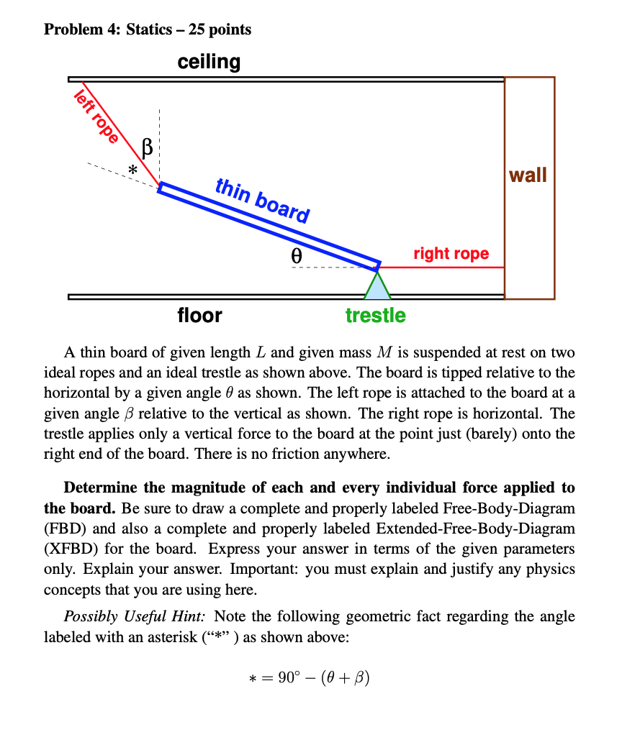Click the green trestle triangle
[x=377, y=286]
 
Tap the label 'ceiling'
[x=209, y=62]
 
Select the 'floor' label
[x=199, y=315]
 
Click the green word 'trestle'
[x=375, y=315]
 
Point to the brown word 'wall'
[x=528, y=175]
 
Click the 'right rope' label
[x=451, y=253]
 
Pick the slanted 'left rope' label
[x=96, y=118]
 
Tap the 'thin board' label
[x=263, y=201]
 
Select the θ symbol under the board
[x=295, y=255]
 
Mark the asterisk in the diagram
[x=132, y=170]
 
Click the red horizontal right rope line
[x=446, y=267]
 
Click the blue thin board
[x=270, y=224]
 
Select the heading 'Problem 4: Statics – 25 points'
[x=148, y=29]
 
